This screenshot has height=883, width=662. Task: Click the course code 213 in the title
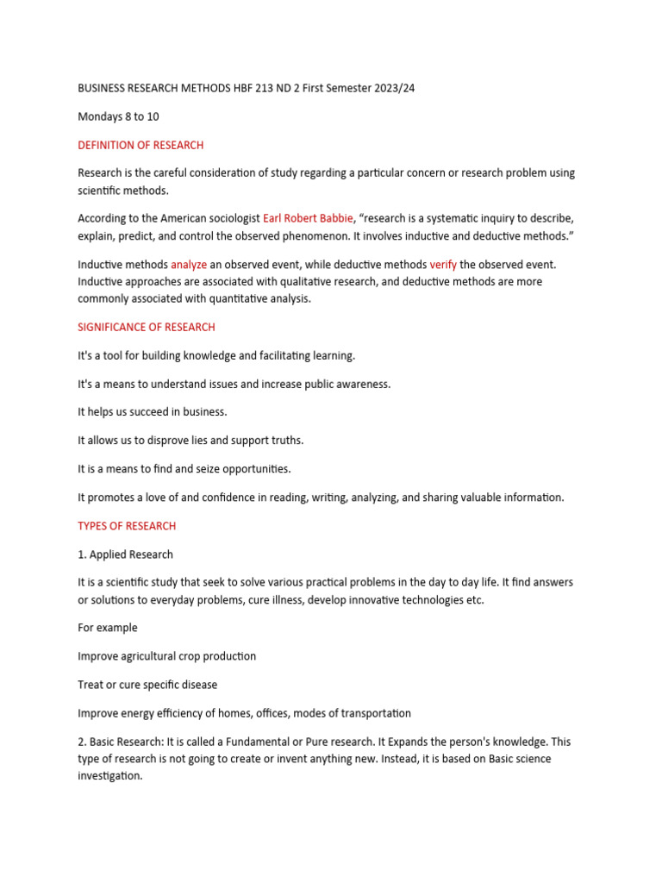pyautogui.click(x=266, y=89)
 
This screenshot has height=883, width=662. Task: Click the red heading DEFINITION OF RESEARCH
pyautogui.click(x=141, y=145)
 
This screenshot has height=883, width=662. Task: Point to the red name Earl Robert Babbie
pyautogui.click(x=308, y=218)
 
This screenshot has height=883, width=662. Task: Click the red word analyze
pyautogui.click(x=189, y=264)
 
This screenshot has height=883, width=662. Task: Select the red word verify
pyautogui.click(x=443, y=264)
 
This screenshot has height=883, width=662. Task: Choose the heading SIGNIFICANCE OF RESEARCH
pyautogui.click(x=147, y=327)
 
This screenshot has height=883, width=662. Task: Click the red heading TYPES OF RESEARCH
pyautogui.click(x=127, y=526)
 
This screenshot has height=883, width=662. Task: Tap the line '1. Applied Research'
pyautogui.click(x=125, y=554)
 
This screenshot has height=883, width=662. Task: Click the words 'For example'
pyautogui.click(x=108, y=628)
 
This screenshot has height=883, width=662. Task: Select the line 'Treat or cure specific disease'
pyautogui.click(x=147, y=685)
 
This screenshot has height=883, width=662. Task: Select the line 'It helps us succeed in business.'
pyautogui.click(x=153, y=412)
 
